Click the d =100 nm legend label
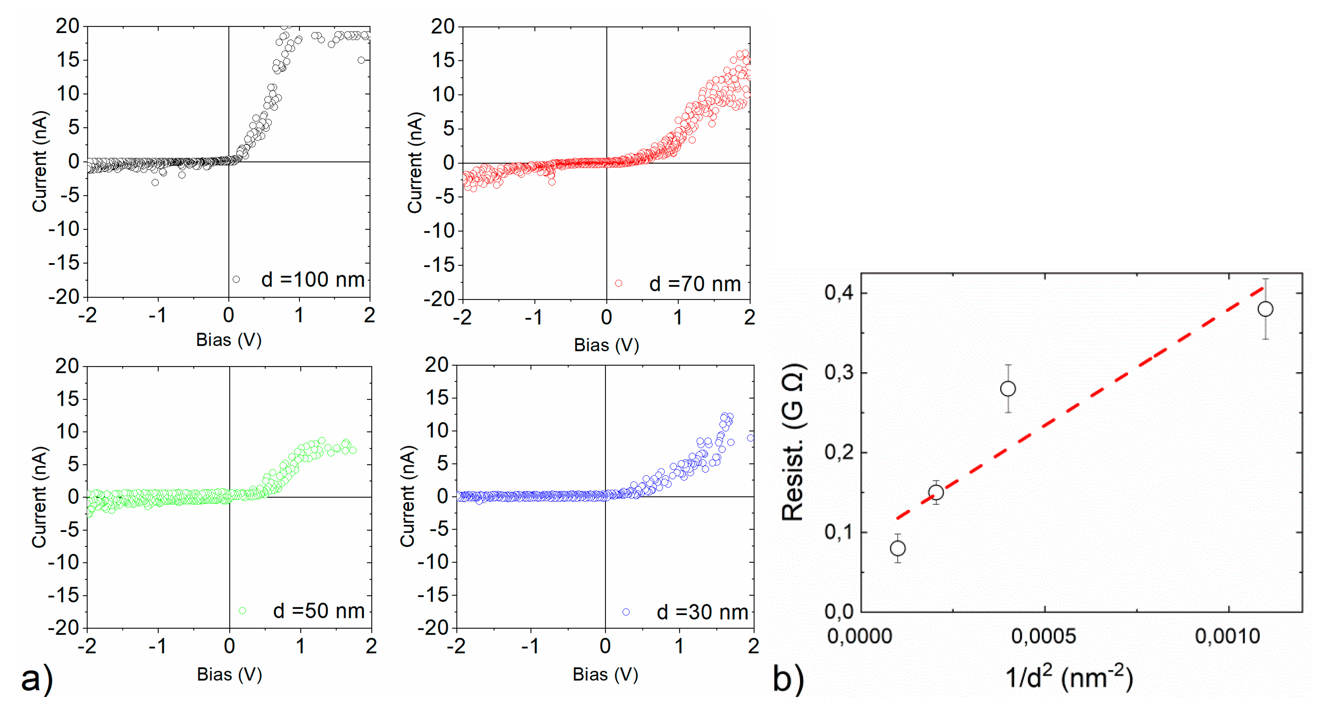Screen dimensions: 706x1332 [x=312, y=280]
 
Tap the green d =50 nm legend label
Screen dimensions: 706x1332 [x=319, y=611]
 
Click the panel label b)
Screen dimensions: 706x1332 [x=788, y=678]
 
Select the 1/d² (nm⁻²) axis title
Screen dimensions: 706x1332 [x=1069, y=677]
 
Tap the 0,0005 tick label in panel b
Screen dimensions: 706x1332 [x=1044, y=636]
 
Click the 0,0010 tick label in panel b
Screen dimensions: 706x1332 [x=1228, y=636]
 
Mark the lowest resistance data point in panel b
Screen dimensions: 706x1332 [x=898, y=548]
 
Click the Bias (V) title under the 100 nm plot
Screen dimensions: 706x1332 [x=229, y=340]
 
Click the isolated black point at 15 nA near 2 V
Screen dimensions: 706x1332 [x=361, y=60]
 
